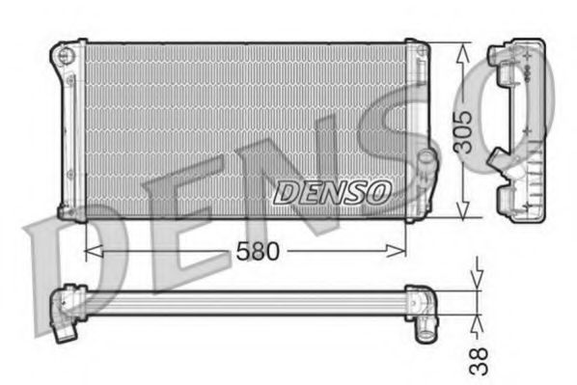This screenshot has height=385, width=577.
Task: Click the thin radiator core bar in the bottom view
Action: pyautogui.click(x=241, y=302)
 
